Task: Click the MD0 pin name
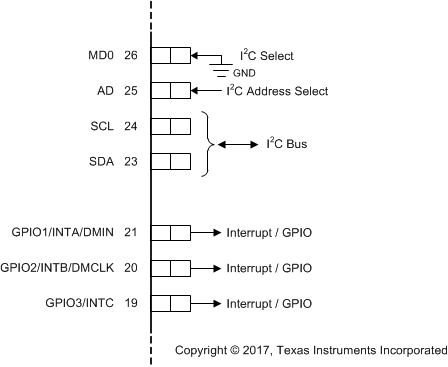coord(99,55)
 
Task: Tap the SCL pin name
coord(103,126)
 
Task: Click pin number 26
coord(131,55)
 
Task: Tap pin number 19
coord(131,303)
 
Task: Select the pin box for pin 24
coord(170,126)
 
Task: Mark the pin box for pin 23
coord(170,161)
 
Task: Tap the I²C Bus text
coord(287,144)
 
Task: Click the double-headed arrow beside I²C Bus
coord(237,144)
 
